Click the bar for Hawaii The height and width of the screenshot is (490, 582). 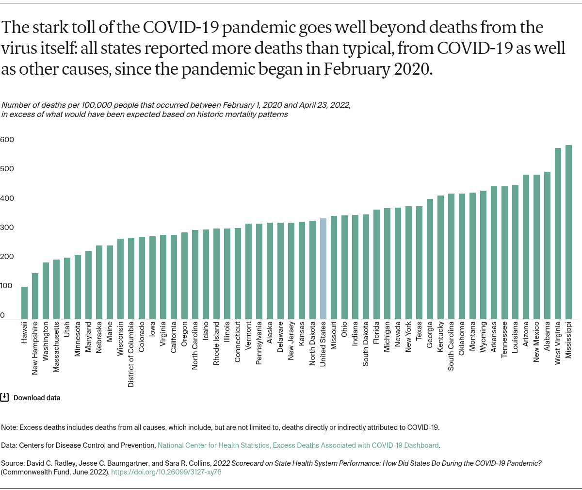pyautogui.click(x=24, y=303)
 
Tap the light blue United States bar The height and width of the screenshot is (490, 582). pyautogui.click(x=323, y=269)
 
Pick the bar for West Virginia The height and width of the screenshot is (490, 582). pyautogui.click(x=558, y=233)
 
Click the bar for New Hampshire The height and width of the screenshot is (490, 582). pyautogui.click(x=35, y=296)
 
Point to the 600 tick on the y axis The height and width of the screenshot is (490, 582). pyautogui.click(x=7, y=140)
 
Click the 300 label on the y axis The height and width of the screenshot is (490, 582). pyautogui.click(x=7, y=228)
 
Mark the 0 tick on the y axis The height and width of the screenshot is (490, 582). pyautogui.click(x=3, y=315)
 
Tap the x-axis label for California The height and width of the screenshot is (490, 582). pyautogui.click(x=174, y=340)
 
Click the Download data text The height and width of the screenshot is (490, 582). pyautogui.click(x=37, y=398)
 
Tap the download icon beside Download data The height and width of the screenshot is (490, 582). pyautogui.click(x=4, y=397)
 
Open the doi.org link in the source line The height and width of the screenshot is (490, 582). pyautogui.click(x=166, y=472)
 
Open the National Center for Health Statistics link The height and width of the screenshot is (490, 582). pyautogui.click(x=298, y=445)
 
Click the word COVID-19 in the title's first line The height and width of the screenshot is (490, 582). pyautogui.click(x=168, y=28)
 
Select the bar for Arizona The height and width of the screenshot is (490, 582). pyautogui.click(x=526, y=247)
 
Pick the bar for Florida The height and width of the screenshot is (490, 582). pyautogui.click(x=376, y=264)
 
